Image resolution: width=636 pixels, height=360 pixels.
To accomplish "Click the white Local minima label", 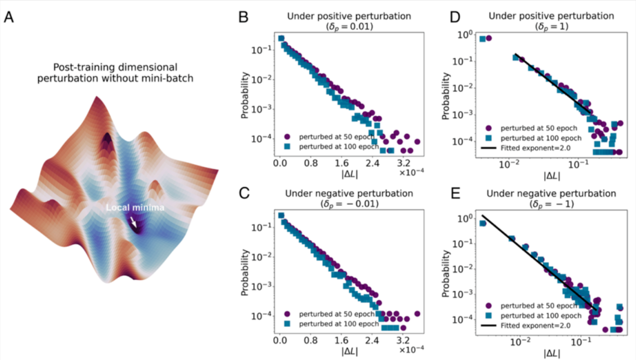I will [134, 208].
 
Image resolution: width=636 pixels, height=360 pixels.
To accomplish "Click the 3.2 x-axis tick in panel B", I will [403, 161].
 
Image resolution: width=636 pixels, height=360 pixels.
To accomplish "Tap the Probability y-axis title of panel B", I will [245, 95].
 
